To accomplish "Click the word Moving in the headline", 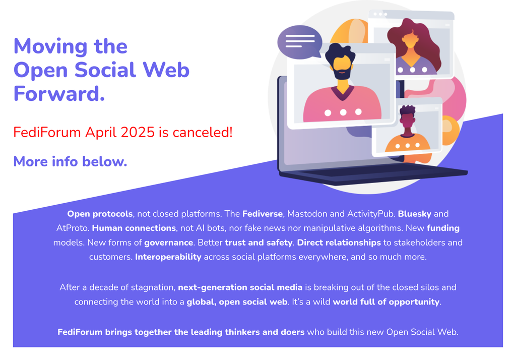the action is coord(50,47).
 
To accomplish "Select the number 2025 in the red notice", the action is coord(138,133).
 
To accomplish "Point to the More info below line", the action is coord(70,161).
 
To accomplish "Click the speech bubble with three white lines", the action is coord(299,42).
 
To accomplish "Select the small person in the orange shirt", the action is coord(407,135).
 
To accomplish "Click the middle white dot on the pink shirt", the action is coord(343,112).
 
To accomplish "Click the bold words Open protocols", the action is coord(100,214).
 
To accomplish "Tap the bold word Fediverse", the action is coord(262,214).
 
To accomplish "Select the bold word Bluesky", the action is coord(414,214).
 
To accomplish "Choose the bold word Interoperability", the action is coord(168,257).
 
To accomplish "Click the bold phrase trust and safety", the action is coord(259,243).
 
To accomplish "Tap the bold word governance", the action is coord(168,243).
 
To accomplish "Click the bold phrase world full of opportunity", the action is coord(386,302).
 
